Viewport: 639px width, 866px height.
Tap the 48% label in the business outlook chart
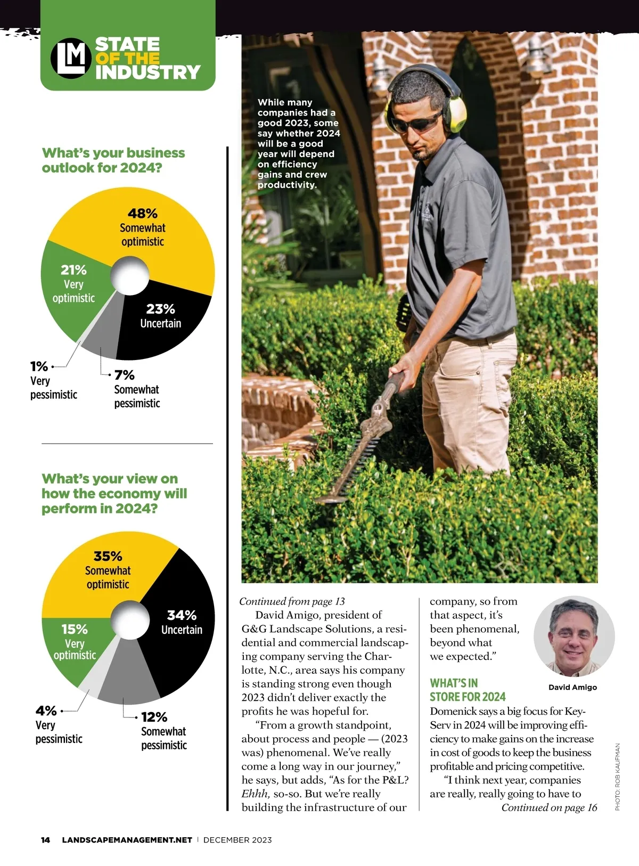(x=143, y=214)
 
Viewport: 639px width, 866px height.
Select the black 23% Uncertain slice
(x=160, y=325)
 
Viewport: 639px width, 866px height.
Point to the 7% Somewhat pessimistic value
(x=125, y=375)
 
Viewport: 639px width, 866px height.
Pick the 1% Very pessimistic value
(x=39, y=366)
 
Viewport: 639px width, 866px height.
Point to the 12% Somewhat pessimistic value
(x=154, y=717)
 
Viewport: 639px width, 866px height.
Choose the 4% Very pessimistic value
(x=46, y=710)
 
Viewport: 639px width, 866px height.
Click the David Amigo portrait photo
(x=574, y=636)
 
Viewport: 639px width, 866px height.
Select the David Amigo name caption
(x=572, y=688)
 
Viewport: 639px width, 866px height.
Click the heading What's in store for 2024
(x=468, y=690)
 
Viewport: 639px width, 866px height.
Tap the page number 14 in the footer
(x=46, y=840)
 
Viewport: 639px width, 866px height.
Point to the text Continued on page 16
(x=549, y=807)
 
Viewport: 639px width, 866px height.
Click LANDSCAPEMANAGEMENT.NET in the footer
(x=127, y=840)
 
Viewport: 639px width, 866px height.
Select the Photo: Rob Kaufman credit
(x=618, y=777)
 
